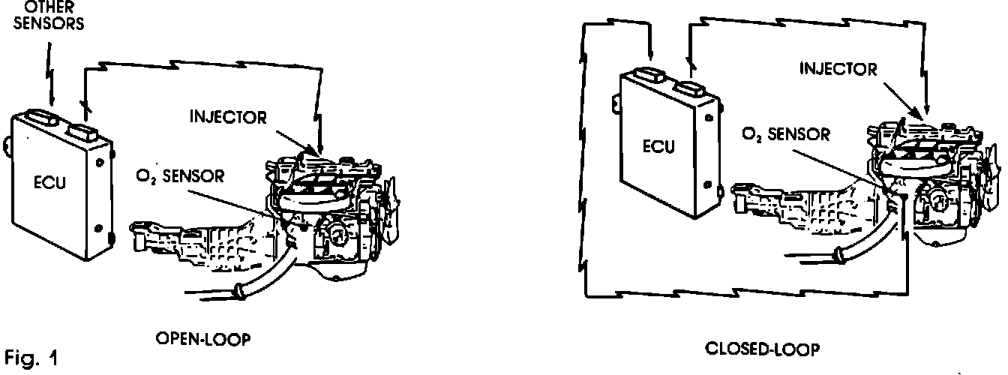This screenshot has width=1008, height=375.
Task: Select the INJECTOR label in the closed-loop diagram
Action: (x=838, y=70)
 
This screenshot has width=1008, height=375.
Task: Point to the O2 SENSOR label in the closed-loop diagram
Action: (x=785, y=135)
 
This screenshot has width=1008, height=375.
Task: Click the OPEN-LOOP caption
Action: (x=202, y=339)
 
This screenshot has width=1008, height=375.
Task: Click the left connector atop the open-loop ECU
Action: (x=41, y=118)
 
